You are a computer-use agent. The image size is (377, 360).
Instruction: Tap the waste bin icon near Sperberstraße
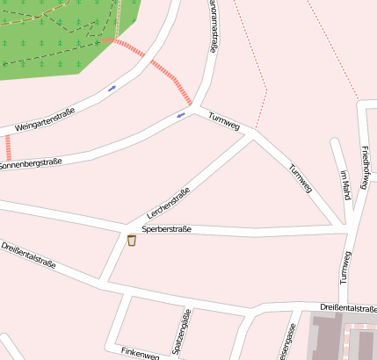pos(132,241)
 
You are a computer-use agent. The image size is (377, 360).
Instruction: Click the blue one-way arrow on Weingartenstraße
pos(112,88)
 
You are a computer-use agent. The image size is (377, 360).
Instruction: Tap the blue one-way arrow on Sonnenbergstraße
pos(181,114)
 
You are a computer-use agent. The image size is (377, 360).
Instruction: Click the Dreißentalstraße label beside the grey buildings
pos(348,308)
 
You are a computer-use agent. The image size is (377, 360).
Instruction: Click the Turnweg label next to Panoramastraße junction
pos(223,121)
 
